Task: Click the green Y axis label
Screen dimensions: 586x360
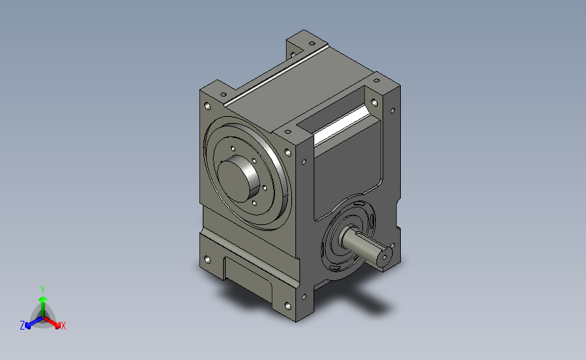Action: pyautogui.click(x=42, y=290)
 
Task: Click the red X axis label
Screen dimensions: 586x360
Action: pyautogui.click(x=63, y=326)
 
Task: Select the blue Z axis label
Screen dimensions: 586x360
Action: pyautogui.click(x=22, y=326)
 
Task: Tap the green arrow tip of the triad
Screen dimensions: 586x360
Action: pyautogui.click(x=43, y=299)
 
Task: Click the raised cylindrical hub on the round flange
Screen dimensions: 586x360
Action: pyautogui.click(x=239, y=178)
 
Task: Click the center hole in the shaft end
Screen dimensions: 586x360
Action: pyautogui.click(x=384, y=257)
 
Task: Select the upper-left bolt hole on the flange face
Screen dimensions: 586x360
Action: pyautogui.click(x=207, y=106)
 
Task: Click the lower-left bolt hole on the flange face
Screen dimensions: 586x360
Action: pyautogui.click(x=207, y=259)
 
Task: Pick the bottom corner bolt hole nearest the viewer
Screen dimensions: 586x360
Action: pyautogui.click(x=288, y=306)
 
